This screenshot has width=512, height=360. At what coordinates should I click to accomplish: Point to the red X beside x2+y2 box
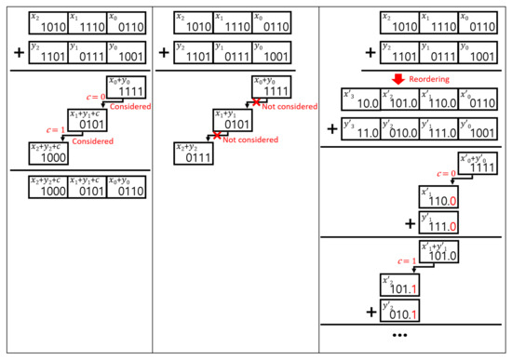tap(217, 136)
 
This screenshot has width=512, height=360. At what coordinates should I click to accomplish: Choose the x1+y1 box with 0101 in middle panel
tap(236, 120)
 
